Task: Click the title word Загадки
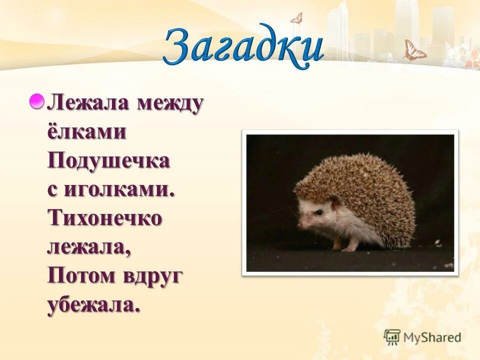point(243,47)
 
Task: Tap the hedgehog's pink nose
point(299,224)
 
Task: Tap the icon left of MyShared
point(392,337)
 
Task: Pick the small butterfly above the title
point(296,17)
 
